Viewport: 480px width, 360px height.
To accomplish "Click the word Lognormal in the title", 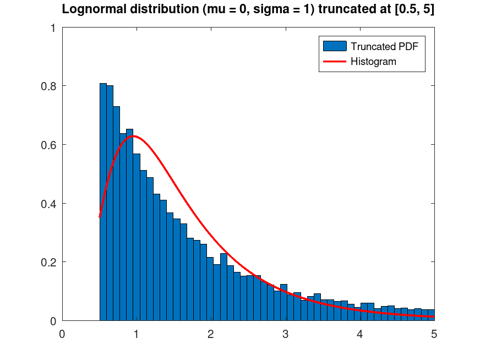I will pos(88,9).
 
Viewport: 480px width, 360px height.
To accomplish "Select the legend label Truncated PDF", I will pos(384,46).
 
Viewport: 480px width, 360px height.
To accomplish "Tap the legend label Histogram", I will pos(373,62).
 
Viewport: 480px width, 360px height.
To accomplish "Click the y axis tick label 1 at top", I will pos(52,28).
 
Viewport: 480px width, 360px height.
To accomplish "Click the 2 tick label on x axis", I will pos(211,334).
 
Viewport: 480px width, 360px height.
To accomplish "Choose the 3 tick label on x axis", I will pos(285,334).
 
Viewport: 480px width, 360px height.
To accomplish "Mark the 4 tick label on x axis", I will pos(359,334).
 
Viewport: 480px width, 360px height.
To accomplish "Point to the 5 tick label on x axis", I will pos(434,334).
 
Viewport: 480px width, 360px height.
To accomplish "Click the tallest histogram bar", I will pos(103,204).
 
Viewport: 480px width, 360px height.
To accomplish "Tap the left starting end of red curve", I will pos(100,216).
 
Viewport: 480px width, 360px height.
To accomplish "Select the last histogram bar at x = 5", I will pos(432,315).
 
